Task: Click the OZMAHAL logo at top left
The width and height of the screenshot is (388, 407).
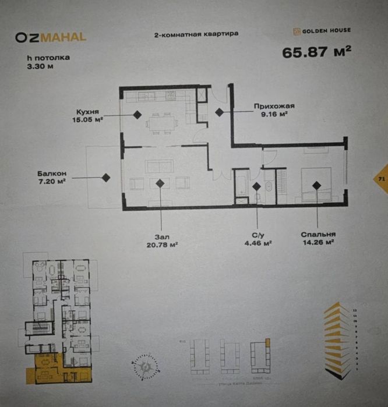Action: coord(51,37)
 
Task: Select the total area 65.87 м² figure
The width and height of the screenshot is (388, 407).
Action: coord(316,52)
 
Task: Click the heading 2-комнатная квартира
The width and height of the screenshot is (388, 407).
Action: coord(196,34)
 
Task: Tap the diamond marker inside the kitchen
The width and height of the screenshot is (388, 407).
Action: coord(137,115)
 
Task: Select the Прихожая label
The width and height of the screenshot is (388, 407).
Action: coord(274,107)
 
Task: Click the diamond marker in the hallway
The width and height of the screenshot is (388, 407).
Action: coord(219,112)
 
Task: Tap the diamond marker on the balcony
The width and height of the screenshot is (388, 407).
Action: coord(106,178)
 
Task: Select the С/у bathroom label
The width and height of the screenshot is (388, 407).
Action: coord(257,235)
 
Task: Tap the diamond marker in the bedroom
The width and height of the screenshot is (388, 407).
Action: coord(316,185)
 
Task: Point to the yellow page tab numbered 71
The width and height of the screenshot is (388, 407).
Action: coord(382,179)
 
